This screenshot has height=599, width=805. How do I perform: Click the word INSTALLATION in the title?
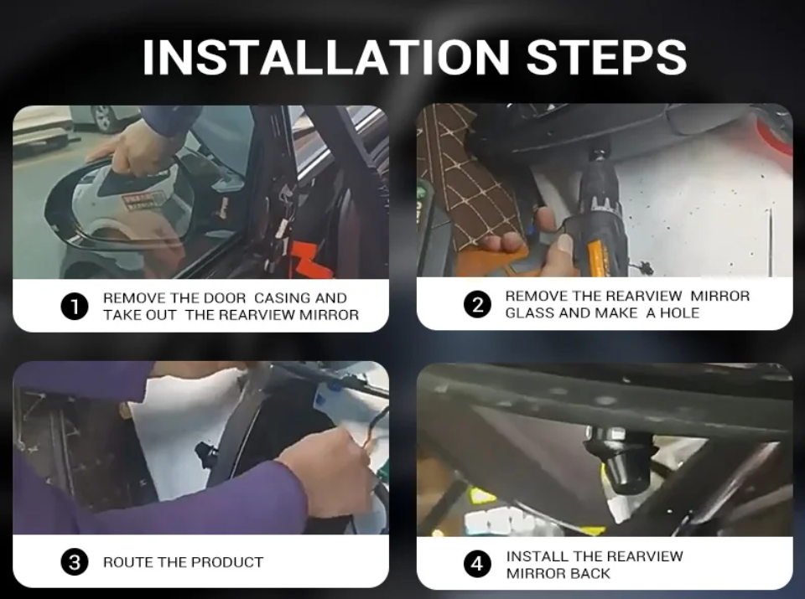(x=326, y=57)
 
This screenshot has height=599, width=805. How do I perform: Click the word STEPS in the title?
(x=607, y=57)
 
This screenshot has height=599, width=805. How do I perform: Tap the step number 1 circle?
(x=75, y=307)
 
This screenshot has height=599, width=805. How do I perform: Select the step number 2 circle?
(x=477, y=305)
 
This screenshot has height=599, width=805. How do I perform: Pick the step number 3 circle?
(x=75, y=562)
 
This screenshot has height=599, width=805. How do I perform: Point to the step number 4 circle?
(x=477, y=564)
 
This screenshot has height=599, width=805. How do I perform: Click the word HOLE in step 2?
(x=681, y=312)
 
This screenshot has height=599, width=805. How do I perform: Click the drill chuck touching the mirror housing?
(x=599, y=154)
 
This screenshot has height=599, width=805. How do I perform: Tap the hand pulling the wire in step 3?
(x=328, y=471)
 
